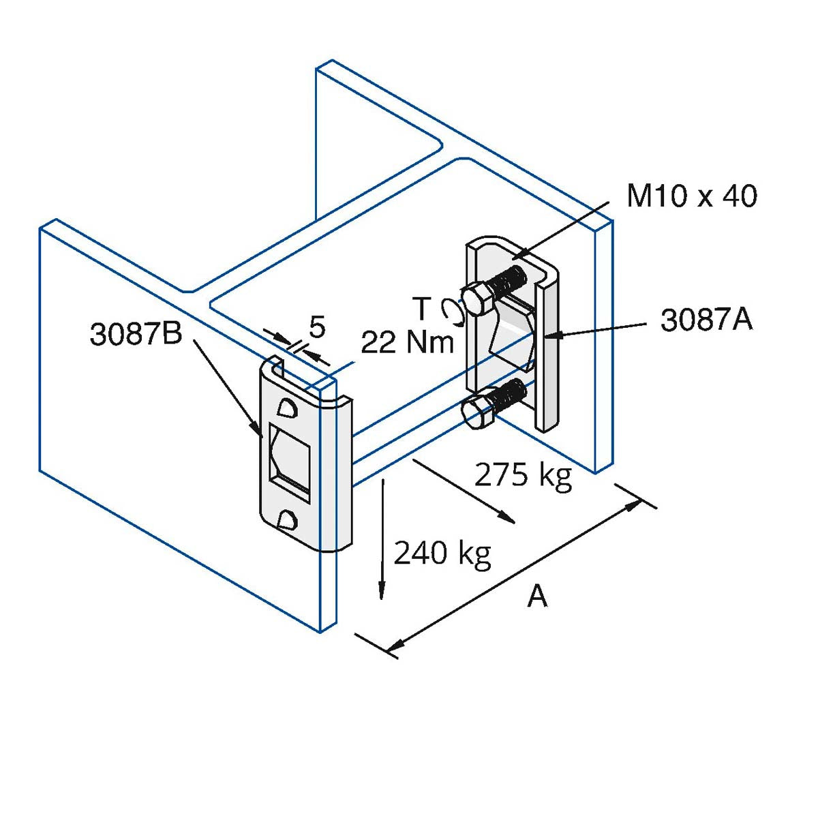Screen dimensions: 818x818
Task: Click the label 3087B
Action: tap(136, 334)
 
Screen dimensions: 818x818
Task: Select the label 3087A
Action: tap(706, 320)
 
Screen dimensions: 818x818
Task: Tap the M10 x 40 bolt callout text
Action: tap(691, 196)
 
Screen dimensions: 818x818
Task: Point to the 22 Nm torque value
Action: tap(407, 342)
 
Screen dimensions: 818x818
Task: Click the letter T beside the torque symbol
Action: tap(423, 309)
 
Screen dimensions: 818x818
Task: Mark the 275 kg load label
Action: tap(523, 474)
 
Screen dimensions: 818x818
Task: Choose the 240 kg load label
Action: tap(442, 553)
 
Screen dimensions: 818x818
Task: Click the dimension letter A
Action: tap(537, 596)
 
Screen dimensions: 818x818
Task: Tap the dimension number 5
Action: tap(317, 327)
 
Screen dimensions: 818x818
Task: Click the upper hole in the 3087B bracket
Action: tap(287, 407)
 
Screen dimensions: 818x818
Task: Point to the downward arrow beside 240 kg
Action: tap(382, 539)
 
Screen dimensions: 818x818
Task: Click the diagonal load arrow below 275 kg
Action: tap(464, 491)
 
